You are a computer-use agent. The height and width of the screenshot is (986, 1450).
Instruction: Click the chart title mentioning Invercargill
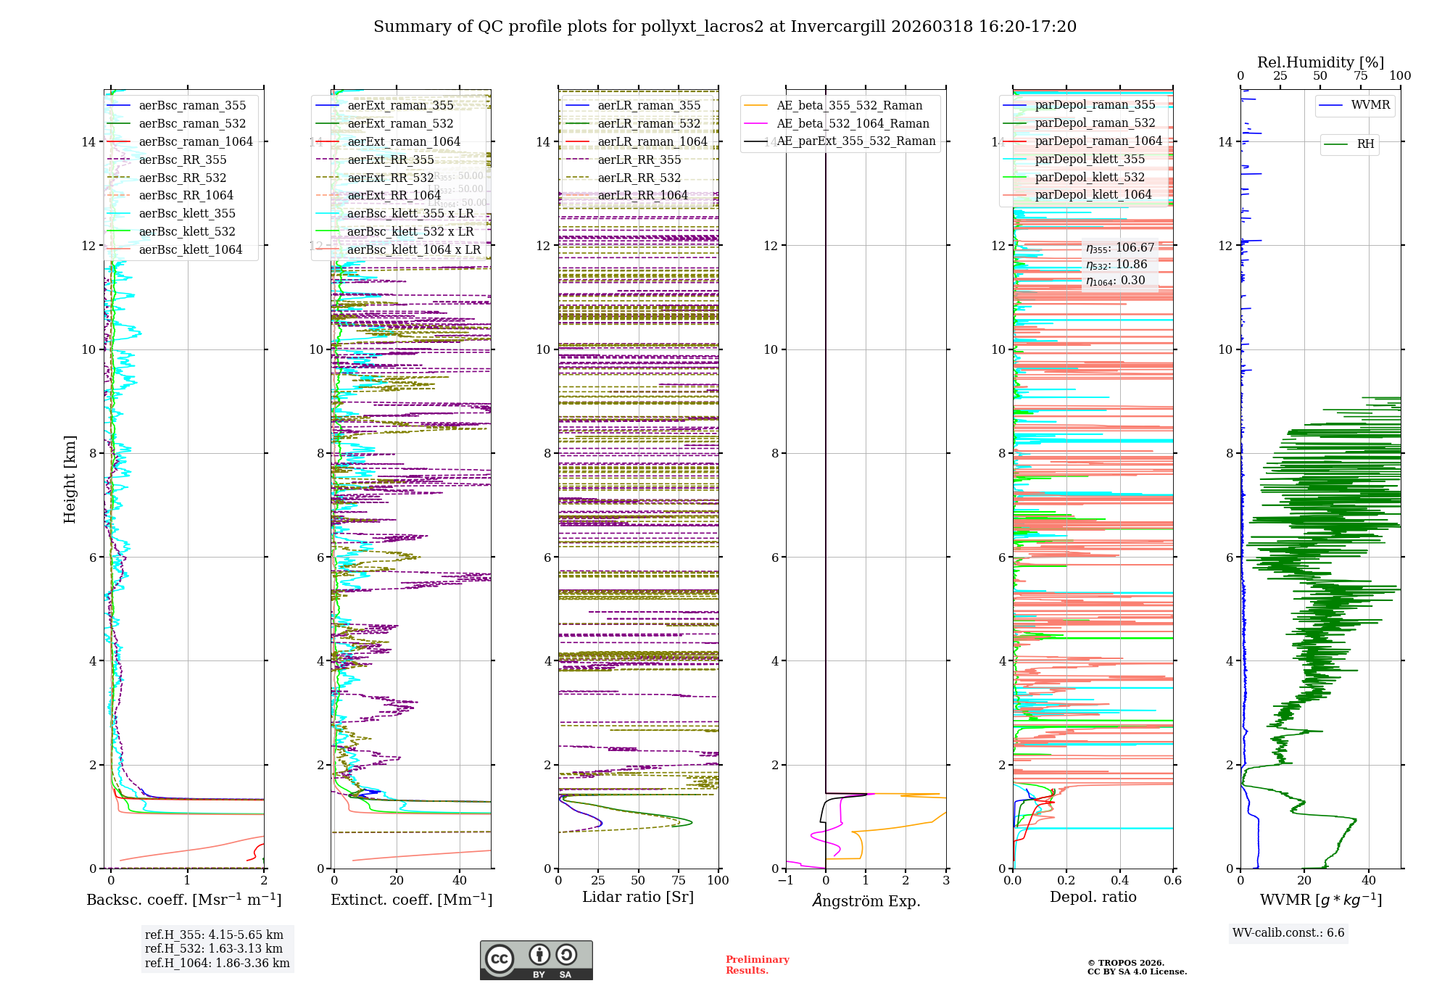click(725, 27)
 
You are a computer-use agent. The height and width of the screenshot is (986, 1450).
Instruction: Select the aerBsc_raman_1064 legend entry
click(196, 142)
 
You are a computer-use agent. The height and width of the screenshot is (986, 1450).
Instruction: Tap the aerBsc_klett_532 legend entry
click(187, 232)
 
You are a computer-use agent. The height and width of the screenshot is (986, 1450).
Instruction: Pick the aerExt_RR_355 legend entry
click(391, 160)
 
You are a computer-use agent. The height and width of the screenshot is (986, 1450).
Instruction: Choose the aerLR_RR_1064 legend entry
click(642, 196)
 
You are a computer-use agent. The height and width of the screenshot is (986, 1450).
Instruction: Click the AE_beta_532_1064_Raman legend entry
click(853, 124)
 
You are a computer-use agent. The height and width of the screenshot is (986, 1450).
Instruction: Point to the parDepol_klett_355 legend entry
click(1090, 159)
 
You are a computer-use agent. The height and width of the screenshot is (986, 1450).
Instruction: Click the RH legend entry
click(1365, 144)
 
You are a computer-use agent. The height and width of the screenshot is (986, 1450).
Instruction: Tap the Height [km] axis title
click(70, 479)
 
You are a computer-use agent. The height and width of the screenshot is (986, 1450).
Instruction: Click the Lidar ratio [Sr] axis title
click(638, 898)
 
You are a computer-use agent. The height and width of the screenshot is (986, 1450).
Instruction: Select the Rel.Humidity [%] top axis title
click(1320, 62)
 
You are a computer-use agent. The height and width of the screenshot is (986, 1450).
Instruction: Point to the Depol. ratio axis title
click(1093, 898)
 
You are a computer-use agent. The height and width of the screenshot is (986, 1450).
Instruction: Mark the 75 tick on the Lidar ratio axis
click(679, 881)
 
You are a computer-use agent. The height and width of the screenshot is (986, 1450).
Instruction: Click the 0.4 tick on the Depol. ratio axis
click(1119, 881)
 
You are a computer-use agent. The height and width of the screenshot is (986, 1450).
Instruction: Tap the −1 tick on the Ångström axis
click(785, 881)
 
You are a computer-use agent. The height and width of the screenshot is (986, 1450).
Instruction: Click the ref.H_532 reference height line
click(214, 949)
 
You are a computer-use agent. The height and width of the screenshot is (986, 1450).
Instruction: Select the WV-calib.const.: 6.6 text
click(1288, 933)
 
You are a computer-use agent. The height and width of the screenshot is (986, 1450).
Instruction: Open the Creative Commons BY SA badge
click(536, 961)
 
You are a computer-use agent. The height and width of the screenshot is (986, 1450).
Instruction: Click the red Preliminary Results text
click(757, 965)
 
